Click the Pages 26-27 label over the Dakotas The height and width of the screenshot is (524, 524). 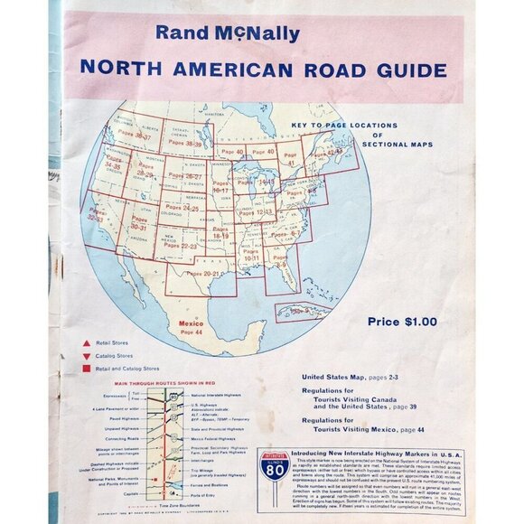tap(181, 177)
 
